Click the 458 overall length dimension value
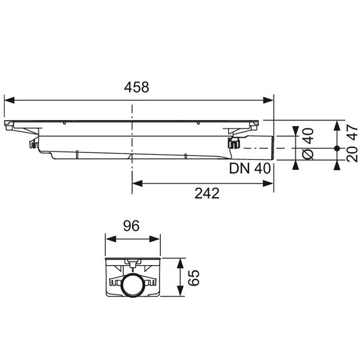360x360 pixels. pos(137,87)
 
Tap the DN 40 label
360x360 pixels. pos(250,169)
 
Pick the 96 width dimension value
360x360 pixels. pos(131,226)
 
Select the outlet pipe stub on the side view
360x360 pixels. pos(256,145)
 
